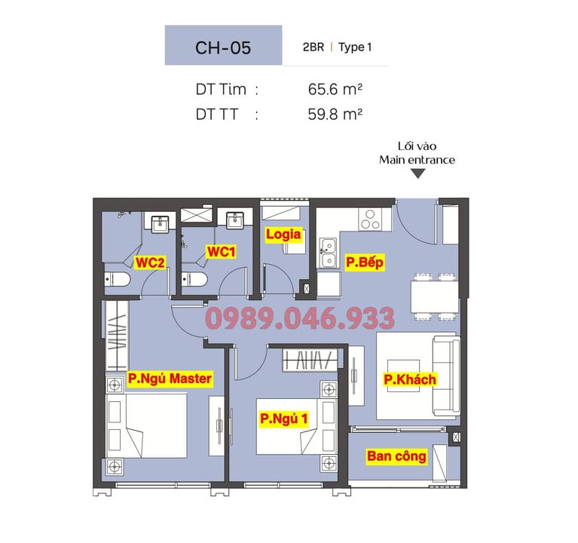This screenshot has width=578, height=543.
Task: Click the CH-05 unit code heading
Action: (x=223, y=47)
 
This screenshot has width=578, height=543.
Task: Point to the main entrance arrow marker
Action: (x=417, y=174)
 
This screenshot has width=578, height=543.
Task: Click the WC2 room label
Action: (x=150, y=262)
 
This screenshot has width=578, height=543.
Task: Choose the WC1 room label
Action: (x=222, y=251)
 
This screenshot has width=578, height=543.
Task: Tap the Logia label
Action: (x=283, y=235)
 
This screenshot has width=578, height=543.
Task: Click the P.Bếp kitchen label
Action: (x=365, y=262)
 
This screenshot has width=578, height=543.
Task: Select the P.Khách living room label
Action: (x=410, y=379)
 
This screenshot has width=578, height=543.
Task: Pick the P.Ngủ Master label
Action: (x=170, y=379)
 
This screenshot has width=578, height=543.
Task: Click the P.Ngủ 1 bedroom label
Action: (x=283, y=418)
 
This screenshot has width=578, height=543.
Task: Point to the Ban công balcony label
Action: (x=396, y=456)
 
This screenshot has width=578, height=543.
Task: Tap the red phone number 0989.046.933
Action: (x=300, y=319)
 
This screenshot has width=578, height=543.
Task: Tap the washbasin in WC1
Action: (x=233, y=219)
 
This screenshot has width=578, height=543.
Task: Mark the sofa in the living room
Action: (x=444, y=376)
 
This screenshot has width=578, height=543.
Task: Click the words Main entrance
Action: (x=417, y=160)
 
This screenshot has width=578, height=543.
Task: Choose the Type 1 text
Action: (x=355, y=47)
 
